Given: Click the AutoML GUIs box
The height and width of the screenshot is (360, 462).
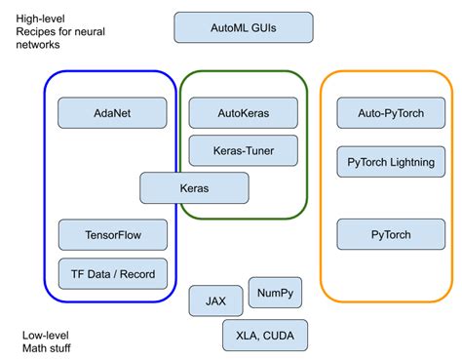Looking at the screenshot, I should [244, 27].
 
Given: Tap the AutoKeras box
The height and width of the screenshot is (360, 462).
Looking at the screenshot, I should [243, 112].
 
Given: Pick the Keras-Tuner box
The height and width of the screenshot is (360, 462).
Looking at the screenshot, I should [243, 151].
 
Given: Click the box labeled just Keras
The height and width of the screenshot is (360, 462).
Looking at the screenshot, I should [194, 186].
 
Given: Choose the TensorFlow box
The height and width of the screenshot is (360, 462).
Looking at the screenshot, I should [112, 234].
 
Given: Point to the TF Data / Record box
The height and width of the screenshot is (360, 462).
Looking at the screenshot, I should [112, 272].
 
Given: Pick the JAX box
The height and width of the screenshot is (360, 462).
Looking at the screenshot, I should [215, 300].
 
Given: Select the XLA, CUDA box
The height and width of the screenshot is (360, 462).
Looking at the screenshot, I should [264, 335].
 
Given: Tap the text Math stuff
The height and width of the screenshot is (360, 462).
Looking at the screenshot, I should [46, 348].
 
